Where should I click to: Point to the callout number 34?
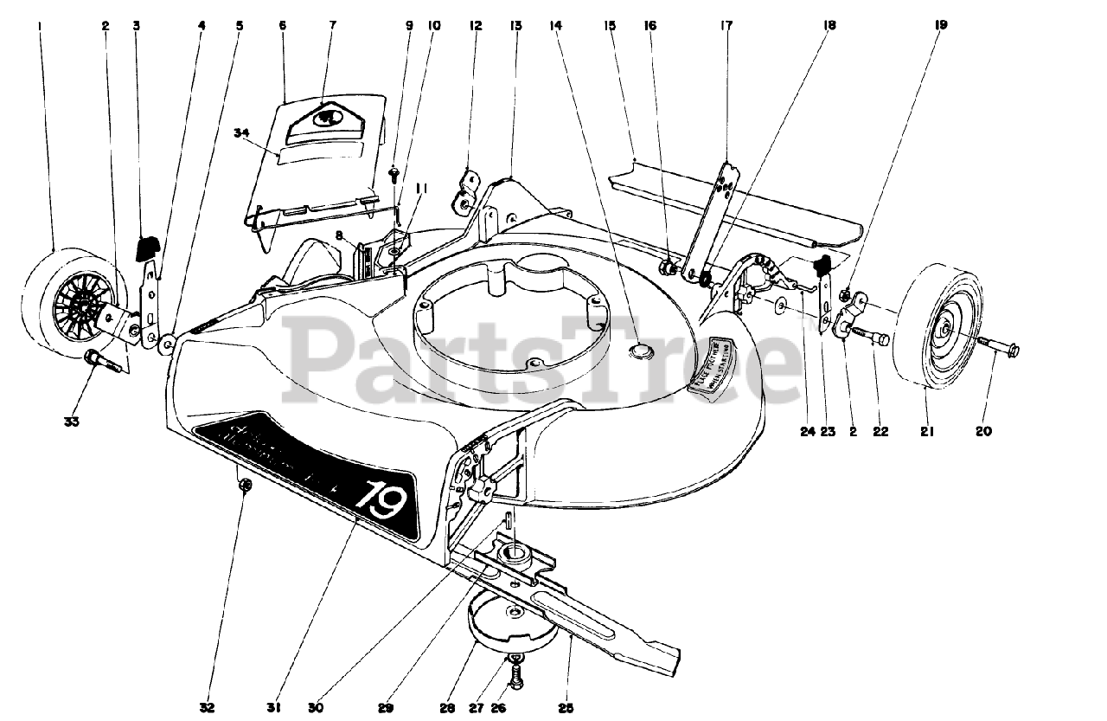point(241,132)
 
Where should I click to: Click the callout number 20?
point(983,431)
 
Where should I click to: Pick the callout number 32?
point(207,707)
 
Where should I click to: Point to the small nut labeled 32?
point(245,486)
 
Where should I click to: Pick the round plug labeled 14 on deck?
point(643,349)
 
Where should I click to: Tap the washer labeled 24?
point(782,306)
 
